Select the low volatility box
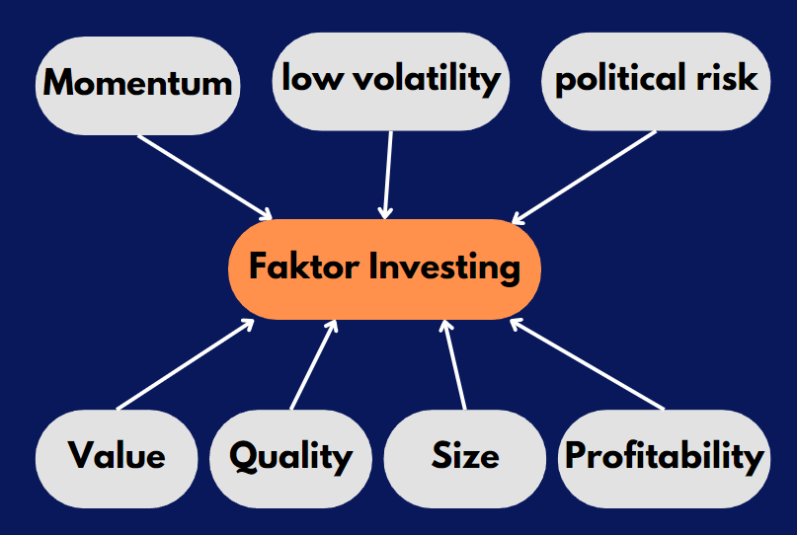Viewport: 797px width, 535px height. [390, 79]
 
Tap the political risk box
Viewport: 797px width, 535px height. [657, 79]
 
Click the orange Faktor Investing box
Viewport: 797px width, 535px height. [384, 268]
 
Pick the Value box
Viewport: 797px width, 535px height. [116, 457]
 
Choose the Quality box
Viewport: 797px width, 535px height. [290, 457]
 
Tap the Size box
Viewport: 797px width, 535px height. [464, 457]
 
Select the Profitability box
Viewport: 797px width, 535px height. [664, 457]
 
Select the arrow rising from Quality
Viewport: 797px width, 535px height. [314, 364]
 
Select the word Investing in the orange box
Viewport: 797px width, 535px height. [444, 268]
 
